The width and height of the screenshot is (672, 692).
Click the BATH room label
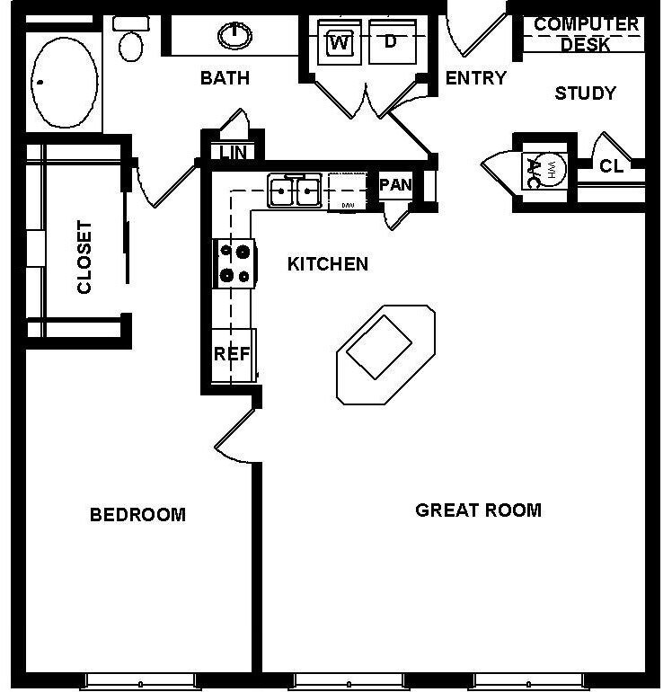(225, 78)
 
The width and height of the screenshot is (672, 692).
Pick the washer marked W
(340, 41)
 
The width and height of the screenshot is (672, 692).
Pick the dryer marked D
(391, 41)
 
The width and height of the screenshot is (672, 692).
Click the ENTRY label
(476, 78)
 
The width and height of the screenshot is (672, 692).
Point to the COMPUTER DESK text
(586, 33)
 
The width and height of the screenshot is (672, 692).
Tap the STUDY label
(585, 93)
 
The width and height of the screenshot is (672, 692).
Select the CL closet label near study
(612, 166)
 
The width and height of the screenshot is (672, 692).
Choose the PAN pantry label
(395, 185)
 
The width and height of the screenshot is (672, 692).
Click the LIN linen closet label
(233, 152)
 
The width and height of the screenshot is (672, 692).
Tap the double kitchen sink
(294, 191)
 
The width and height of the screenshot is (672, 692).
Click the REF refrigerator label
(231, 354)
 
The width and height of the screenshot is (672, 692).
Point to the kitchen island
(385, 353)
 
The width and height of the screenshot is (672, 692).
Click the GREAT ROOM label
(478, 510)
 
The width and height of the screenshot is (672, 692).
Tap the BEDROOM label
(137, 515)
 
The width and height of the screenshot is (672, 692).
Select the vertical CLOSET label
(84, 257)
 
